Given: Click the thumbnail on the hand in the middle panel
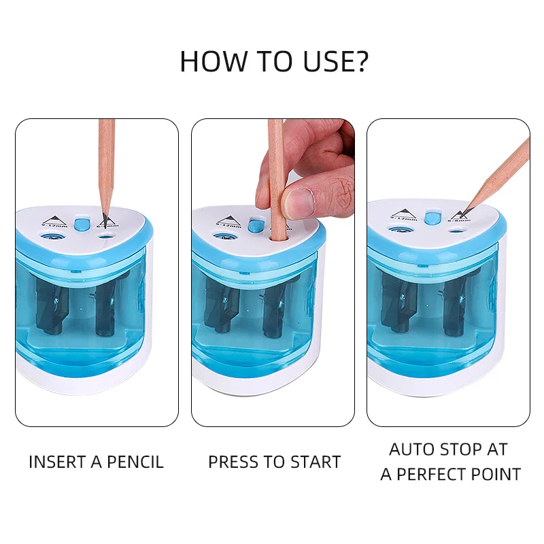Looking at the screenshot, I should pos(299,201).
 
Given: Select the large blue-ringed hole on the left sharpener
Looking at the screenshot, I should pos(50,237).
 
